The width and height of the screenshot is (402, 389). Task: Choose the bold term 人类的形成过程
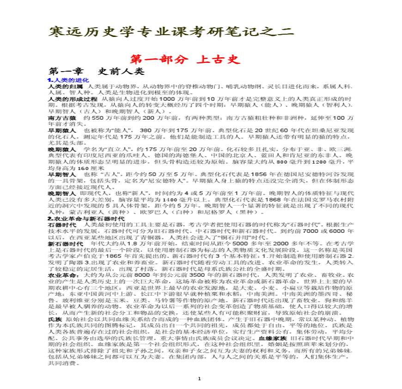pos(73,99)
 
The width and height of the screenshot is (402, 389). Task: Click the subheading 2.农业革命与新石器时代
pos(86,218)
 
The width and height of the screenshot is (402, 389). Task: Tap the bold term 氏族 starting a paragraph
pos(55,319)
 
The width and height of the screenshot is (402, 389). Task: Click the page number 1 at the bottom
pos(199,379)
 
